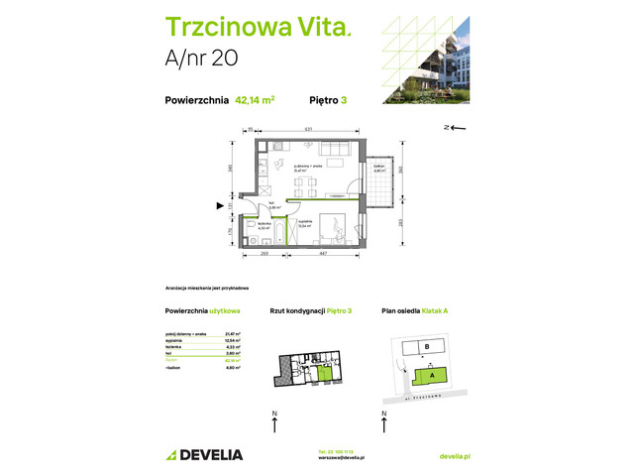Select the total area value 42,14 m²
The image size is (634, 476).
point(255,99)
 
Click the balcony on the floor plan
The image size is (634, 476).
point(378,184)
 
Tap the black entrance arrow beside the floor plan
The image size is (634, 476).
point(222,206)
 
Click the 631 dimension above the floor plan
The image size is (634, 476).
point(308,129)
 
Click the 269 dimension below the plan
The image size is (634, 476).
point(266,255)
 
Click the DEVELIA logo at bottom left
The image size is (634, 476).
point(198,454)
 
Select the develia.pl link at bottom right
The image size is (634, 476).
point(454,455)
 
